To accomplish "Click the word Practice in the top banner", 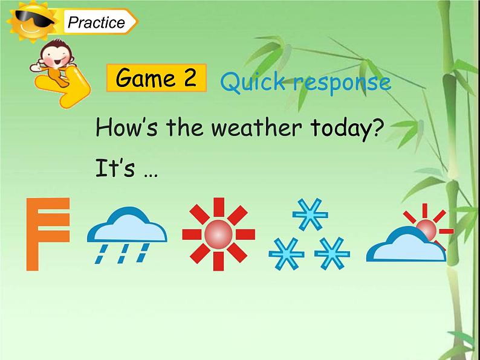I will tap(96, 23).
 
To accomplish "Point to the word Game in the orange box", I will tap(142, 78).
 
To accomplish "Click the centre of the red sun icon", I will tap(218, 234).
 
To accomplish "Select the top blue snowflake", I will tap(310, 214).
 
